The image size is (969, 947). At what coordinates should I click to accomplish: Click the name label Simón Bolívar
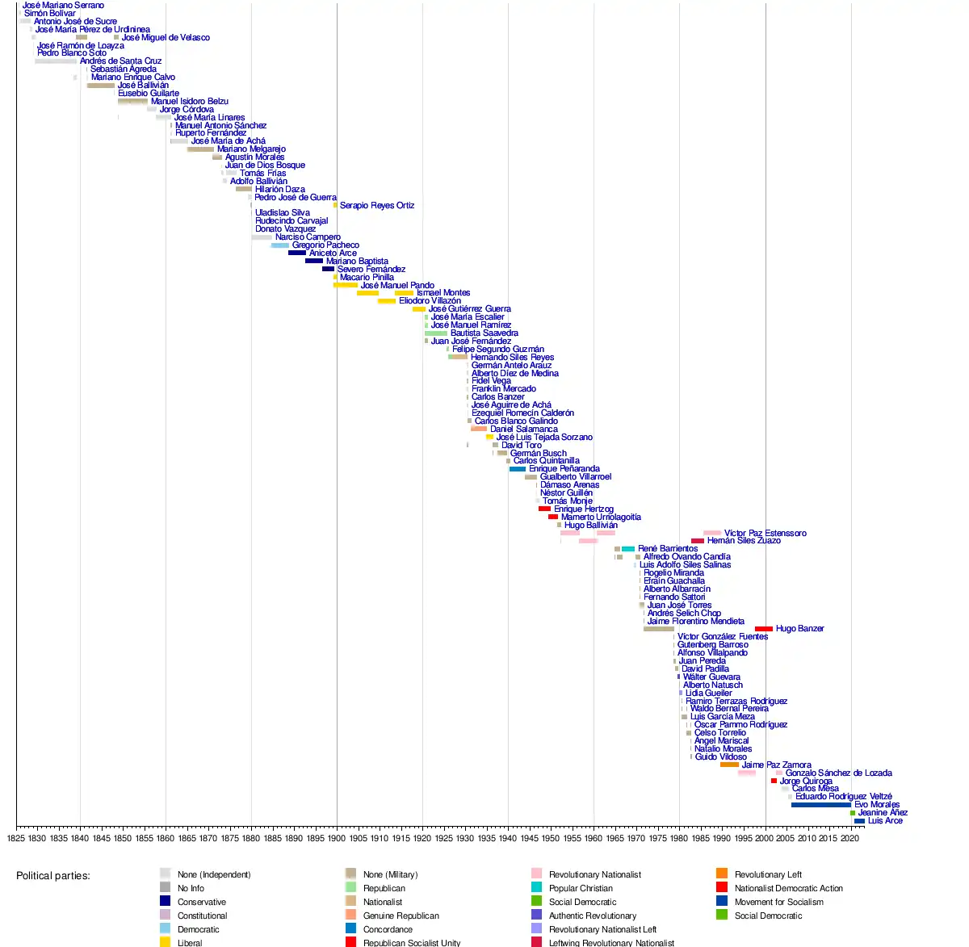(49, 14)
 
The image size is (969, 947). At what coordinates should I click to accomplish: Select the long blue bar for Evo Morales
(820, 805)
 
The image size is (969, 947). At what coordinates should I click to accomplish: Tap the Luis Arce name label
(885, 821)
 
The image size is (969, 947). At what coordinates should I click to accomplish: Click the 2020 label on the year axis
(850, 839)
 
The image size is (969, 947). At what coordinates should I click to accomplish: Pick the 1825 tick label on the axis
(16, 839)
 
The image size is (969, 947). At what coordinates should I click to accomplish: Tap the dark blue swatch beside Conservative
(166, 902)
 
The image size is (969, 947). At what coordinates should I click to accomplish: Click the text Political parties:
(53, 876)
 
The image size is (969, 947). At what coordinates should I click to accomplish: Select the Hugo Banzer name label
(799, 629)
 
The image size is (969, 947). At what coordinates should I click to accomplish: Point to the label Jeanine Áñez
(883, 813)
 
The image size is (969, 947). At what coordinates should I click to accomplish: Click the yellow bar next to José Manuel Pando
(346, 285)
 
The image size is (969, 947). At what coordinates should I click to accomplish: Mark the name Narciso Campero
(308, 237)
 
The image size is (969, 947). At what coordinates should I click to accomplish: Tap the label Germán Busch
(538, 454)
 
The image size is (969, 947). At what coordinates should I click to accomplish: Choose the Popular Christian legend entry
(581, 888)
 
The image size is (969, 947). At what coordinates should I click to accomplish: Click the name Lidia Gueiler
(709, 693)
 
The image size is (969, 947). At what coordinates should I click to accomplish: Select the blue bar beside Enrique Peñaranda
(518, 469)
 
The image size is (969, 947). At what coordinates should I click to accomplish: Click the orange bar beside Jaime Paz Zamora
(729, 765)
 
